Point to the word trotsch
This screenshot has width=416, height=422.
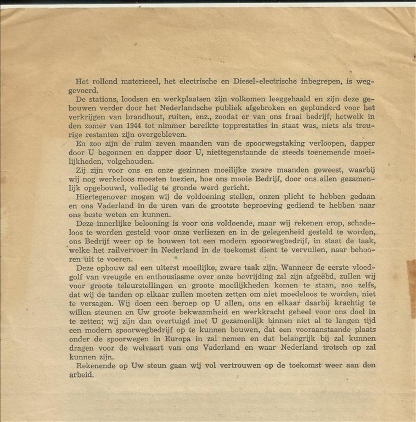[326, 347]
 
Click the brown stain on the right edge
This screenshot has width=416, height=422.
[411, 287]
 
